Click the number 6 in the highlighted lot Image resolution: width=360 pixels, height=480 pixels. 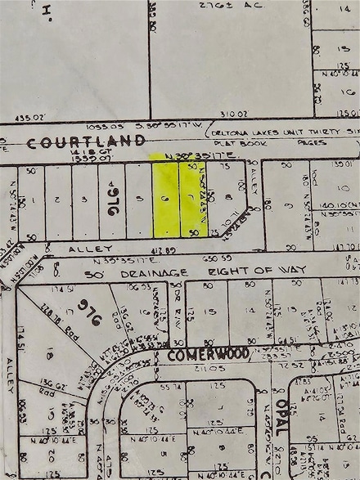[166, 199]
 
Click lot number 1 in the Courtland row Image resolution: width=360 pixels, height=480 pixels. [31, 199]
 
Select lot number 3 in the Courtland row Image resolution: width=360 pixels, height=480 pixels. [84, 199]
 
